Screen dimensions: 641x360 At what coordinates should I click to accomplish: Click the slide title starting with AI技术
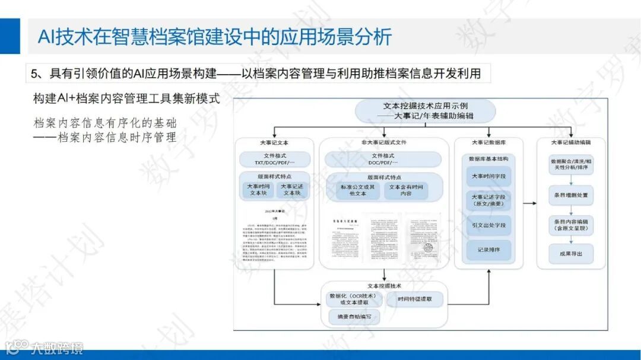pos(214,37)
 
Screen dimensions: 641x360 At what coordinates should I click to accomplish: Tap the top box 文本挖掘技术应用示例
pos(424,111)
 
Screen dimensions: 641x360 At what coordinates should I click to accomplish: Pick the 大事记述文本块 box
pos(292,189)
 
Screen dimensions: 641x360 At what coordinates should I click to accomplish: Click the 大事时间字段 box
pos(488,177)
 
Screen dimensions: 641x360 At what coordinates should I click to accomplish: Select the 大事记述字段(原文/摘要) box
pos(488,200)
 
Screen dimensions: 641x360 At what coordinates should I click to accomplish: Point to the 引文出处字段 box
pos(488,225)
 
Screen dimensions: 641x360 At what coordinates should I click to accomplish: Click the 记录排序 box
pos(488,250)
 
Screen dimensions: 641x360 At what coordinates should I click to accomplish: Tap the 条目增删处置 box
pos(570,195)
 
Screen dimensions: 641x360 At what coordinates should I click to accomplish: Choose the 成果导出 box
pos(570,253)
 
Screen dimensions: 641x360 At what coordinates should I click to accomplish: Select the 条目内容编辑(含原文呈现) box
pos(570,225)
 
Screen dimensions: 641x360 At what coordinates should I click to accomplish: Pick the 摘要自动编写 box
pos(354,317)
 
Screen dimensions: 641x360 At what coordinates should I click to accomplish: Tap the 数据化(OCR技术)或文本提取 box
pos(354,299)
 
